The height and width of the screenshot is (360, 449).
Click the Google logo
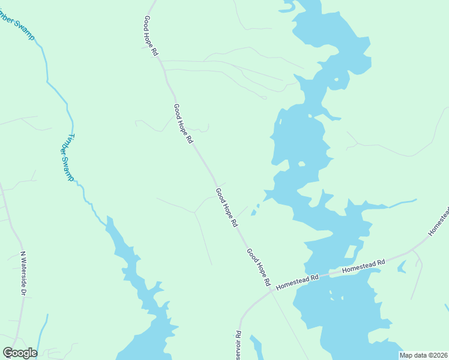pyautogui.click(x=20, y=353)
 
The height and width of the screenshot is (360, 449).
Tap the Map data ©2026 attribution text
pyautogui.click(x=423, y=355)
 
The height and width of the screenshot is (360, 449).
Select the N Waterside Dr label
pyautogui.click(x=24, y=273)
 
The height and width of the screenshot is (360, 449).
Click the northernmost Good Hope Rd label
pyautogui.click(x=151, y=36)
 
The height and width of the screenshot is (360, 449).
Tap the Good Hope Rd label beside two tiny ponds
pyautogui.click(x=226, y=206)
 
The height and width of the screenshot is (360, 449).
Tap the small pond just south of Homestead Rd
pyautogui.click(x=402, y=266)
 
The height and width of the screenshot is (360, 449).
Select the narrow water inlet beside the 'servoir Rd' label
pyautogui.click(x=256, y=347)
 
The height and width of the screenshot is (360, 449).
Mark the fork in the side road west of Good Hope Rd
pyautogui.click(x=194, y=212)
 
